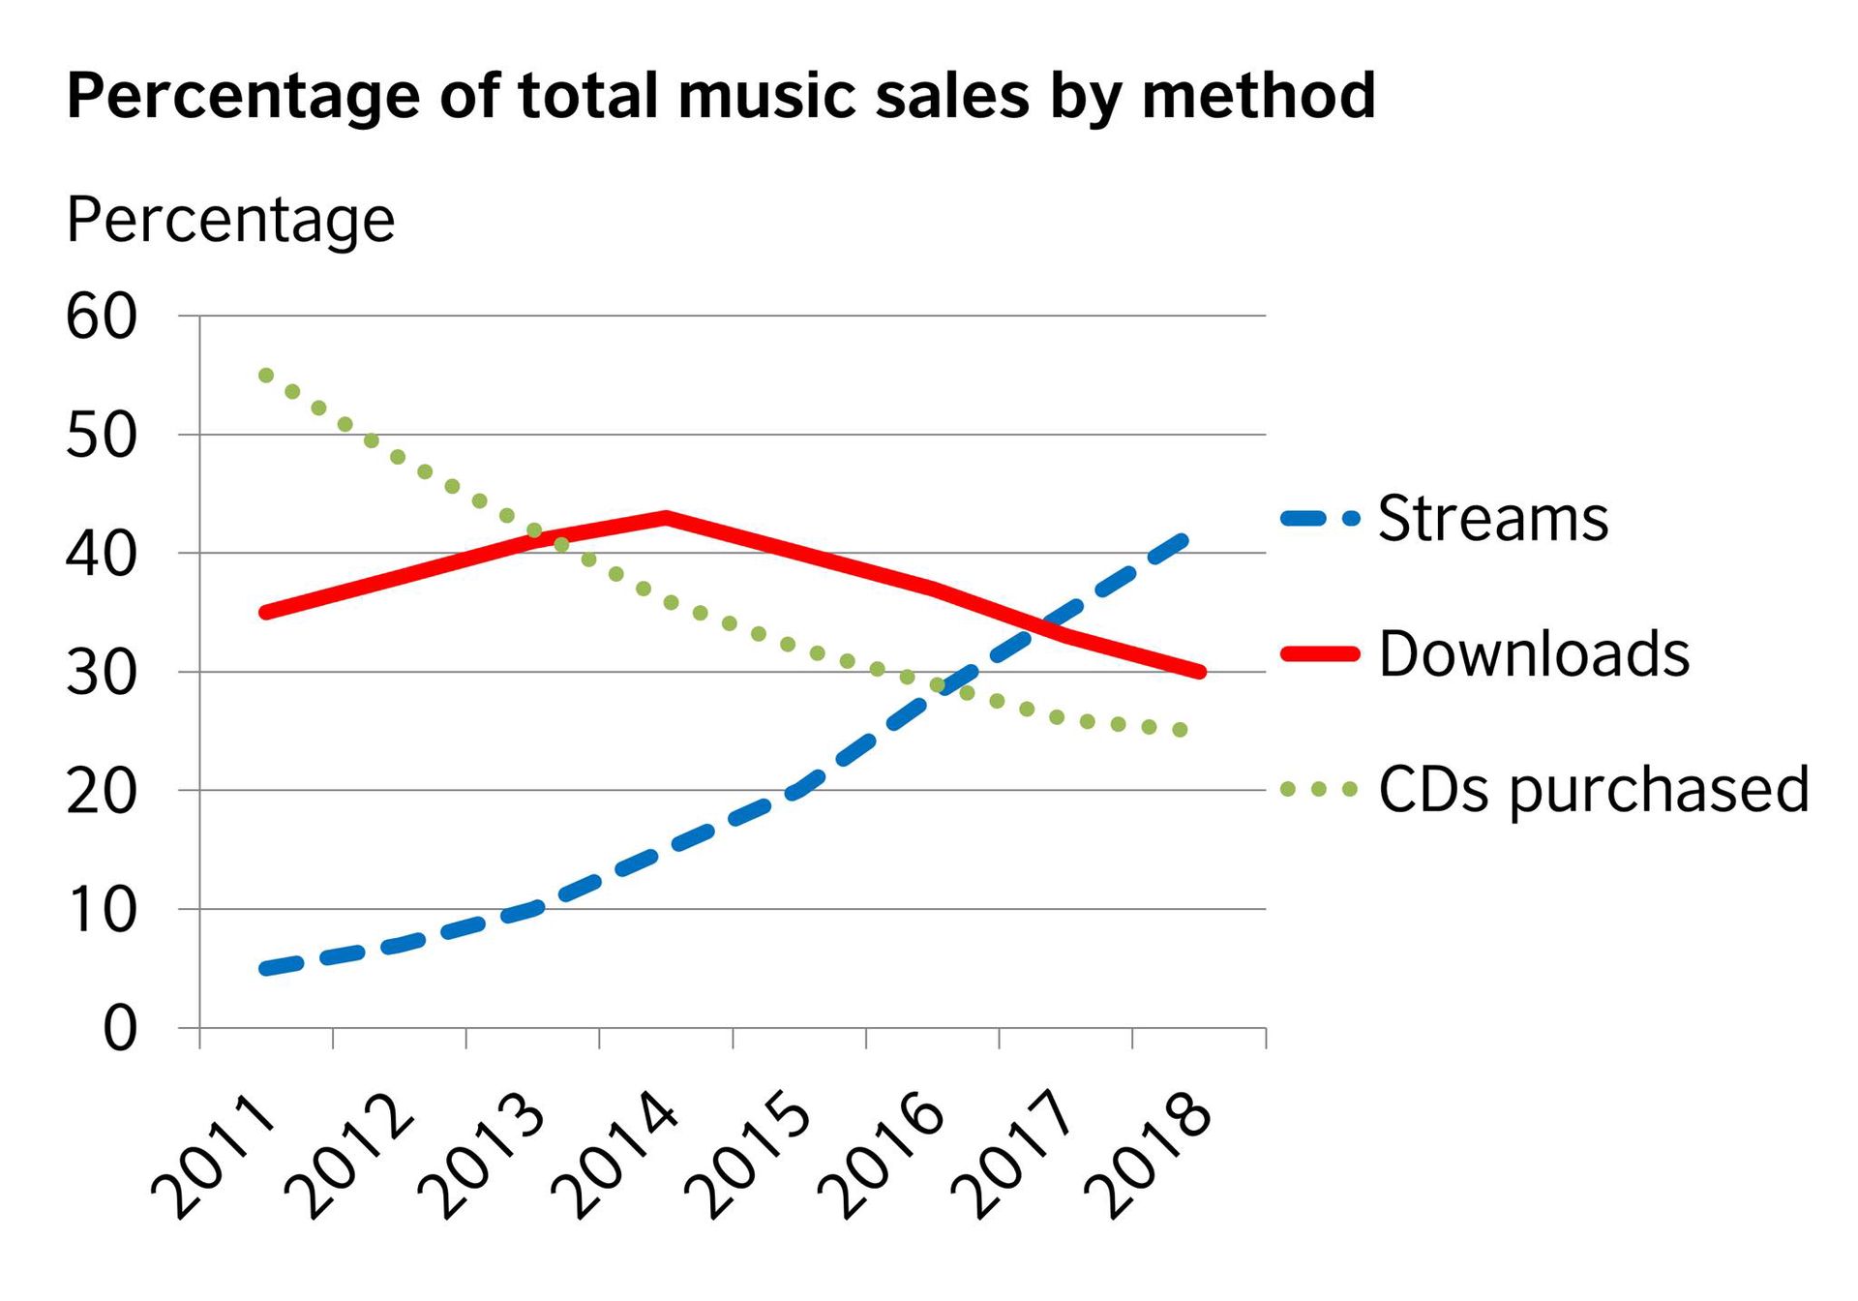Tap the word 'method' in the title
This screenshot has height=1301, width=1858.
tap(1258, 97)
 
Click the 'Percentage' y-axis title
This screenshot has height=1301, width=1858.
tap(230, 221)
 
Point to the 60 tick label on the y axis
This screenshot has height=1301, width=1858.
tap(101, 317)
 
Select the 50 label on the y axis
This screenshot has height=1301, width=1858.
tap(101, 436)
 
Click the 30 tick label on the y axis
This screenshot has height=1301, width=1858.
tap(101, 673)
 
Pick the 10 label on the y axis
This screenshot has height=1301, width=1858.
tap(101, 910)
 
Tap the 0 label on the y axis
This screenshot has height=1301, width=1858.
tap(119, 1029)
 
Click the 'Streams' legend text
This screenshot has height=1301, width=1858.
tap(1492, 519)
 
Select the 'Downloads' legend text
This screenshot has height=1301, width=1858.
tap(1534, 653)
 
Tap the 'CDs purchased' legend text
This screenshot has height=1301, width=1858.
tap(1593, 789)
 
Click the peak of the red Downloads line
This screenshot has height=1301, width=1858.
tap(666, 517)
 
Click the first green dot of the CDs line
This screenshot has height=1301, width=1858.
tap(266, 375)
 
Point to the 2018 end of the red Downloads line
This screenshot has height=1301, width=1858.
tap(1199, 672)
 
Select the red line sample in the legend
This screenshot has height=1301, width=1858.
tap(1320, 653)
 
